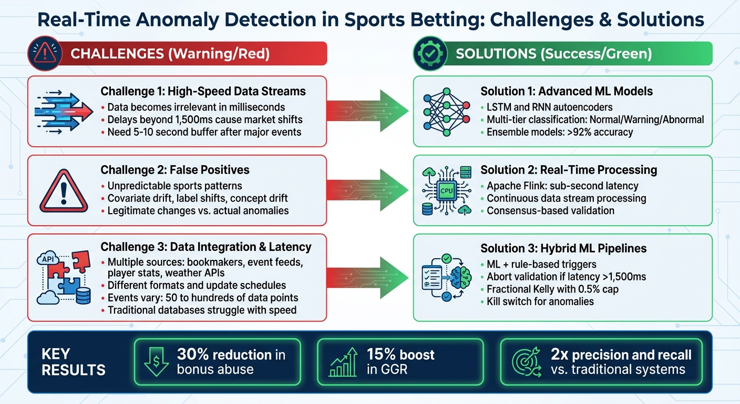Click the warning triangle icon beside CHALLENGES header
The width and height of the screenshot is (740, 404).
point(45,54)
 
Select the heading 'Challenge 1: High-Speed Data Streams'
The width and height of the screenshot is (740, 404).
point(203,91)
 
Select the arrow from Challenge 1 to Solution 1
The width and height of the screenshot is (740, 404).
point(368,111)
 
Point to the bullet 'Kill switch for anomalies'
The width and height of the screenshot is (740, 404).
point(536,301)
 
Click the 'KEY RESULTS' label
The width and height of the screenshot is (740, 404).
point(74,361)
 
